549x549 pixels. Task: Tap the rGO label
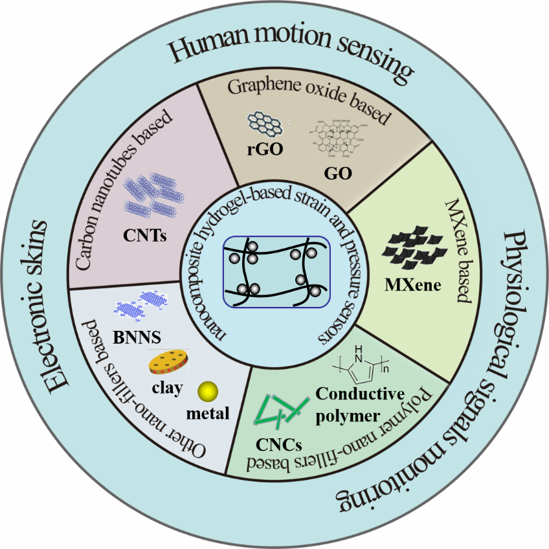click(x=261, y=150)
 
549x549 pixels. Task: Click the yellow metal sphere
click(x=208, y=391)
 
